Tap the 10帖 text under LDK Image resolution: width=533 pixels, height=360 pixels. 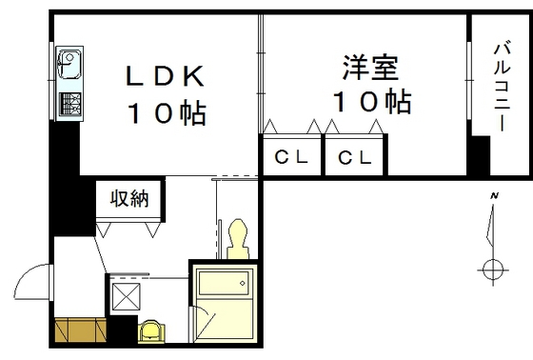pos(168,113)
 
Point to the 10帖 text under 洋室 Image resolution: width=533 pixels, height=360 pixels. pos(371,101)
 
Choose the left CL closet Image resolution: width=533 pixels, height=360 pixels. pos(291,158)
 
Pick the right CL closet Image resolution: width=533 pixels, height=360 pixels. pos(353,158)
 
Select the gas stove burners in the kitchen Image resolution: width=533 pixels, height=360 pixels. pos(69,103)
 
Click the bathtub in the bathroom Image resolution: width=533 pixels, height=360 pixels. pos(223,286)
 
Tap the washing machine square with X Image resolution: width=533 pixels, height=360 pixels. pos(127,298)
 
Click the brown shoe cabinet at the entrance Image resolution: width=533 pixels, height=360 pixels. pos(80,330)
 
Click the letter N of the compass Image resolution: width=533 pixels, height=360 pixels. pos(494,196)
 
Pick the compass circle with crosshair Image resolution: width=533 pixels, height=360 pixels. pos(494,270)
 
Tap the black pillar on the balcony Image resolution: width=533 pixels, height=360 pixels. pos(478,157)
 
